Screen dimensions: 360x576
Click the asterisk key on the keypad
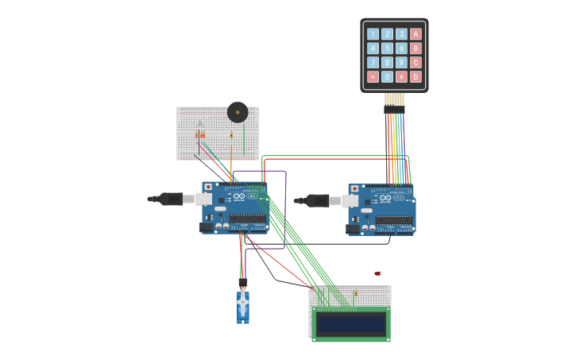373,76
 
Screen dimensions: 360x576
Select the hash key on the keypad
401,76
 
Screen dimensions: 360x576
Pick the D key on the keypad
416,76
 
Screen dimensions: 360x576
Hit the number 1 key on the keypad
373,33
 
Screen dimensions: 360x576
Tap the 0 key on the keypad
387,76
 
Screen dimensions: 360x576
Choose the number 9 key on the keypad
401,62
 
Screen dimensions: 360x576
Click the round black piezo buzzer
238,112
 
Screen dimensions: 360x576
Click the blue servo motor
242,306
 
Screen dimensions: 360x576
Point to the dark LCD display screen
350,323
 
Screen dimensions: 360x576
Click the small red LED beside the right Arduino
377,273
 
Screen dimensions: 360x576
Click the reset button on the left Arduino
208,188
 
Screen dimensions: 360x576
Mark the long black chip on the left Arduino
247,219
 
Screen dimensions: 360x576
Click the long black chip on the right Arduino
394,220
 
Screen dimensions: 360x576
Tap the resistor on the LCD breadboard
356,294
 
